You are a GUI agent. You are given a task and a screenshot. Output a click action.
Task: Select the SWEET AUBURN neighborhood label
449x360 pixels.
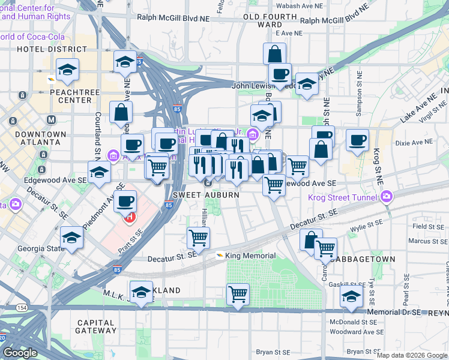point(206,195)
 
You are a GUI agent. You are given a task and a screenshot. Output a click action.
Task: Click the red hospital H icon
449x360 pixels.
point(128,217)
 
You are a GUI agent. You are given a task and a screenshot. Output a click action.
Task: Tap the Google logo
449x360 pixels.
point(20,353)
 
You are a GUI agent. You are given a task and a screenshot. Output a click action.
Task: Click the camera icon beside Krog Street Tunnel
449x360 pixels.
point(387,197)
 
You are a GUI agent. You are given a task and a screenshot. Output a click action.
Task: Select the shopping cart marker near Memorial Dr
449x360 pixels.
point(238,294)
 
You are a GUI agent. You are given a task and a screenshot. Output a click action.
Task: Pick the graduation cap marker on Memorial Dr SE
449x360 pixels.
point(351,295)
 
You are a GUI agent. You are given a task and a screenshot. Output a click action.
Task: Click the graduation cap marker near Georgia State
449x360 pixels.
point(72,238)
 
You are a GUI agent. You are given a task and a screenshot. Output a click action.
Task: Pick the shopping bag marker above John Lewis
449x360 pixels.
point(274,53)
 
